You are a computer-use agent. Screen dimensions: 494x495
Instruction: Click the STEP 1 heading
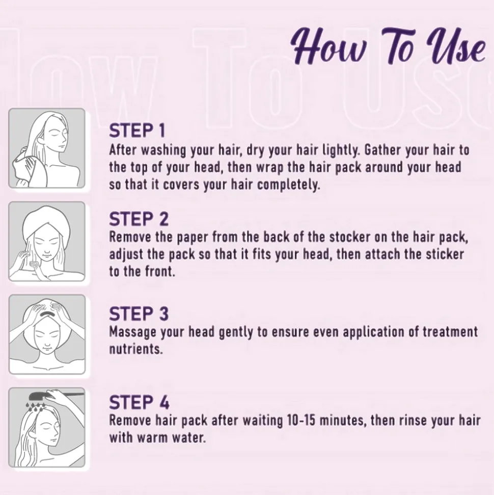tap(137, 131)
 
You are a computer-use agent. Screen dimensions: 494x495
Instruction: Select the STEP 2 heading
tap(139, 219)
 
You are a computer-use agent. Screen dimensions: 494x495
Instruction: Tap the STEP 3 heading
tap(139, 314)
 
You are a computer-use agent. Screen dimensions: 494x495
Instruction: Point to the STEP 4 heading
tap(139, 402)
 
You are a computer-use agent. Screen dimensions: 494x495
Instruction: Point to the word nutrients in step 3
tap(136, 350)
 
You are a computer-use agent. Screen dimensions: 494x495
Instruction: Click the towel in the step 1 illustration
tap(30, 170)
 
